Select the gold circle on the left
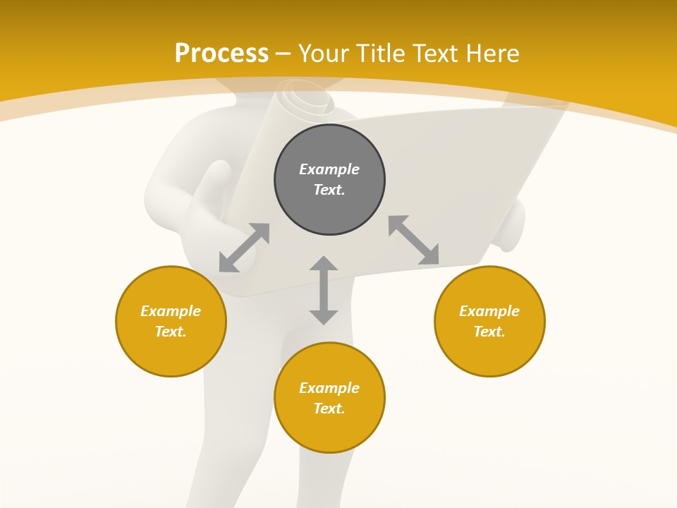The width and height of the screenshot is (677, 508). tap(171, 321)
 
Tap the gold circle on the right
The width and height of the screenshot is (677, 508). tap(489, 321)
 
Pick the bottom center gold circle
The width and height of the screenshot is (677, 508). tap(329, 397)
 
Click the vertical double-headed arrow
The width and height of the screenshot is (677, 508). tap(324, 290)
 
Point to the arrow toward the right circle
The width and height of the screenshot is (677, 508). tap(413, 240)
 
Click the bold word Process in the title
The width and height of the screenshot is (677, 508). tap(221, 54)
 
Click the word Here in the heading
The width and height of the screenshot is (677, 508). tap(492, 54)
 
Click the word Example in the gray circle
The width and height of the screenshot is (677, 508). tap(329, 169)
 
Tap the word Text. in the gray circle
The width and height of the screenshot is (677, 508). tap(329, 190)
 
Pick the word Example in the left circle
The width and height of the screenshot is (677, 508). tap(171, 311)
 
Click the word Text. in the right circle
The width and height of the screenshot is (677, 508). tap(489, 332)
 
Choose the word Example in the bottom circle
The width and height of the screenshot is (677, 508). tap(329, 388)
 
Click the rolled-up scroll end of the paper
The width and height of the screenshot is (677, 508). tap(305, 99)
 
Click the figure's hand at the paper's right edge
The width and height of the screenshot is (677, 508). tap(513, 226)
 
